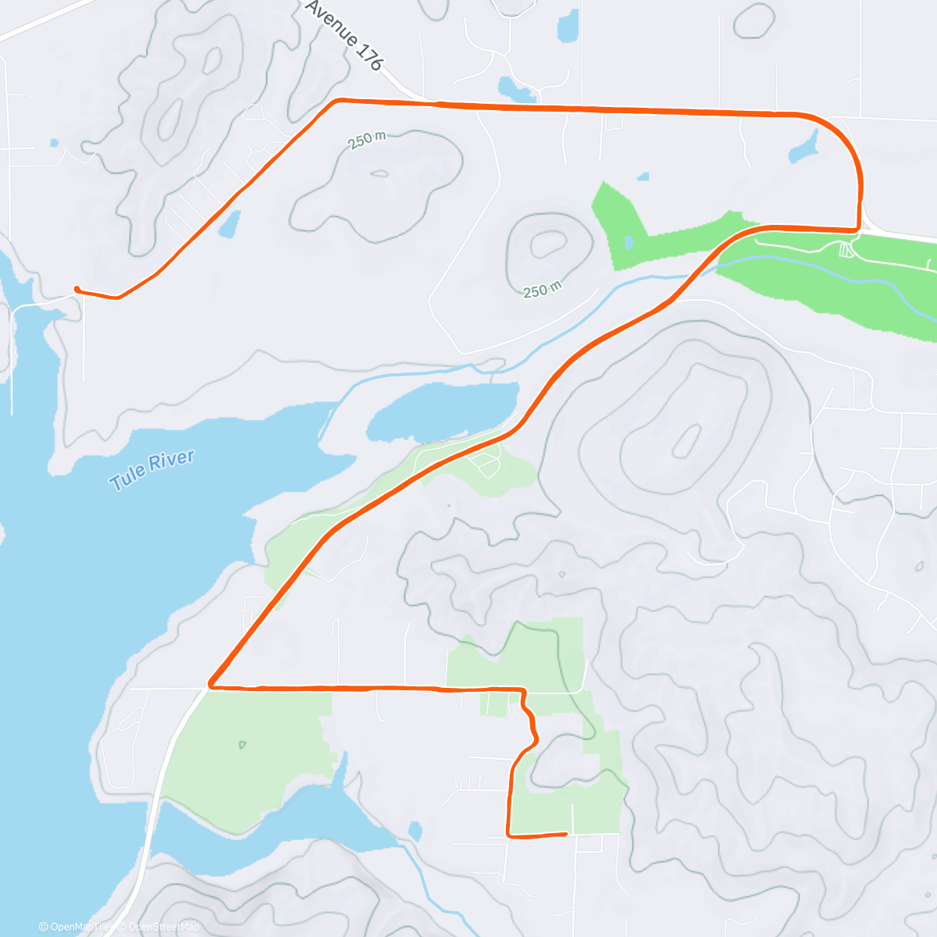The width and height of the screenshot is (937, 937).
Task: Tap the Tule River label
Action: click(x=151, y=469)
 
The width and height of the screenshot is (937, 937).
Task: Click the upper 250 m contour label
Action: click(x=367, y=140)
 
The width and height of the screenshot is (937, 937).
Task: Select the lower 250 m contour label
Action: click(x=542, y=290)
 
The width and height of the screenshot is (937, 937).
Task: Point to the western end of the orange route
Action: click(x=76, y=289)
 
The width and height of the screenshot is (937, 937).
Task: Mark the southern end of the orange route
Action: click(x=565, y=834)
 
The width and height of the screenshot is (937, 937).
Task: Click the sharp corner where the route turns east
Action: click(x=210, y=686)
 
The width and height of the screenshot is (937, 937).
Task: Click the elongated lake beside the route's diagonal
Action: click(x=442, y=410)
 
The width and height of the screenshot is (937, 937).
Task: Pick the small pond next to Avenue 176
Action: click(x=516, y=89)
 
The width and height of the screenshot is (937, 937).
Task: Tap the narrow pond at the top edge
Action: click(x=568, y=26)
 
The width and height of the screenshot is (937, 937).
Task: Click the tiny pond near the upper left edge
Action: click(x=54, y=143)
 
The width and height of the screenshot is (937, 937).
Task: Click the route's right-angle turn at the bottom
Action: click(x=509, y=835)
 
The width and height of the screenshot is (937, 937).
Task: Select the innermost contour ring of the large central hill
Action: click(x=686, y=442)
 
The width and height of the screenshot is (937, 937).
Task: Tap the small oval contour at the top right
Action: click(x=754, y=20)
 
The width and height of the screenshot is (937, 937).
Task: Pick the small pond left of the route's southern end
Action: click(x=415, y=831)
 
